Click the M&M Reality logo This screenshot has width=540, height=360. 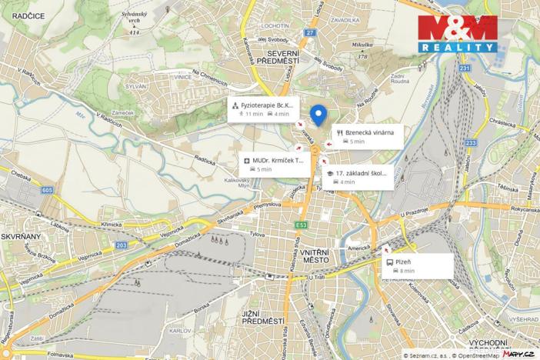457,33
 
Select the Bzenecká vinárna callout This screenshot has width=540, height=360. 365,136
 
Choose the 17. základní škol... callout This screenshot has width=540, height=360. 358,177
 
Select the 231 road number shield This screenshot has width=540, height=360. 464,68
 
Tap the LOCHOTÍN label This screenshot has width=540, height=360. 274,25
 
